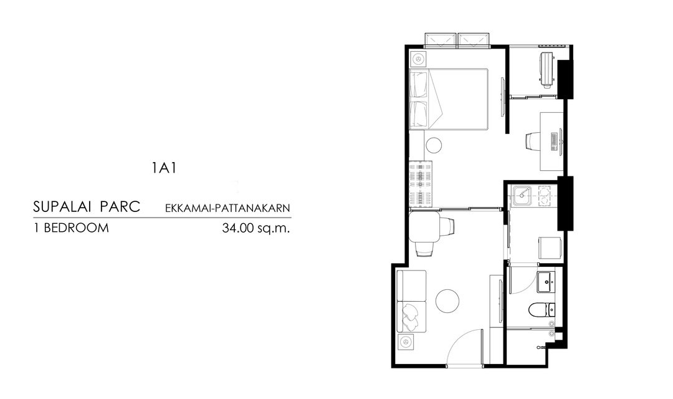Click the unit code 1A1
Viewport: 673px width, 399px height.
(x=164, y=168)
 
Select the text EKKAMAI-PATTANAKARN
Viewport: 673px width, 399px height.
(x=227, y=208)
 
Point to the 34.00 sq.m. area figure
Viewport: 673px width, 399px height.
(x=256, y=228)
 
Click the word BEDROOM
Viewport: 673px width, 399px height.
(x=77, y=228)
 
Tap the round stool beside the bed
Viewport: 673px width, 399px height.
(x=434, y=145)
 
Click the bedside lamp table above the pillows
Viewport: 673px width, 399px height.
(x=418, y=59)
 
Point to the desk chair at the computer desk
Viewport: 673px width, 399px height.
(x=533, y=142)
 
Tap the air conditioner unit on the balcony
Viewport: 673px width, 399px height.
(x=547, y=70)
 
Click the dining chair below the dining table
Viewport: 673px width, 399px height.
(x=425, y=249)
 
